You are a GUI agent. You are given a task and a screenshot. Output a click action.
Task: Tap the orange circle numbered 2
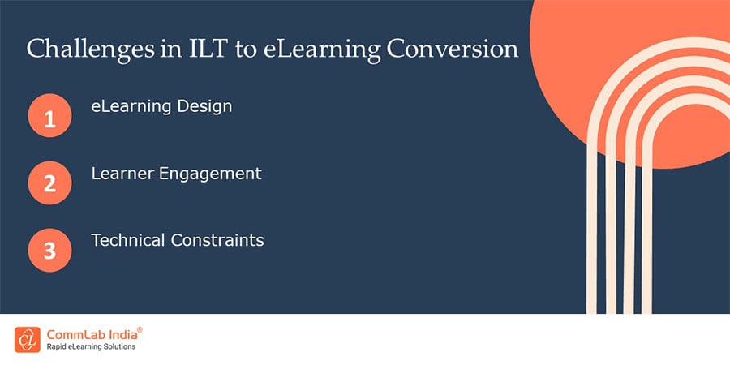(49, 184)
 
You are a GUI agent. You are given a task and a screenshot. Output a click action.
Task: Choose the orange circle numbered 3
(49, 250)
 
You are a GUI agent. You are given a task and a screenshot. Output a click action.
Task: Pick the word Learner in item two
(118, 173)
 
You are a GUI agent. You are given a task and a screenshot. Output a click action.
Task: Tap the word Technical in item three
(126, 240)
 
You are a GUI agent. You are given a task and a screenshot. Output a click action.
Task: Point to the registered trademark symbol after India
(140, 329)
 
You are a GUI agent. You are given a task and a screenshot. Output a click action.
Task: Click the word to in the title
(223, 49)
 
